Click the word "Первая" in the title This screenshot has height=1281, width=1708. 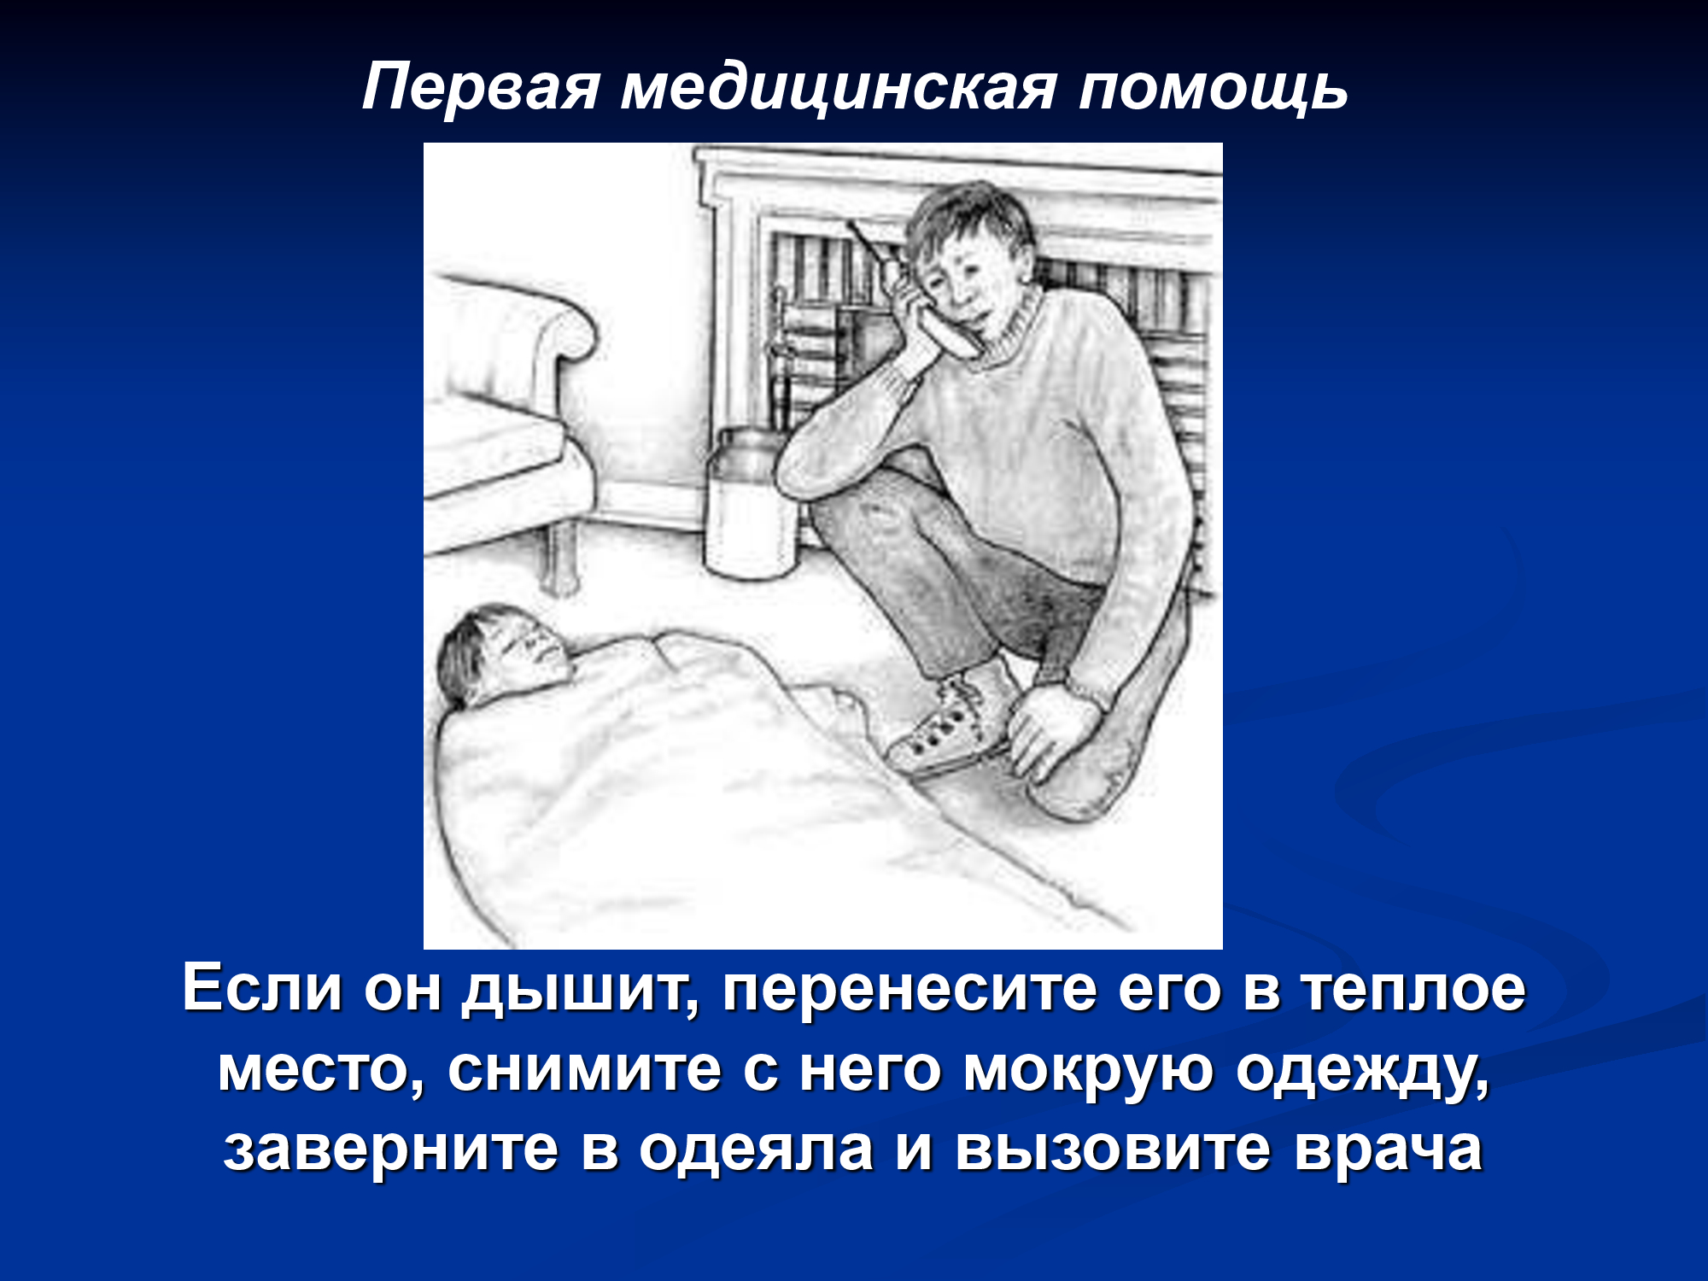(x=482, y=87)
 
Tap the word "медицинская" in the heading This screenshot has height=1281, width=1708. (x=839, y=89)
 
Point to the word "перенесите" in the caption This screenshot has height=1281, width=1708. (x=909, y=991)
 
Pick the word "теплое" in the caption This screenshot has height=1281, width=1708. (x=1413, y=991)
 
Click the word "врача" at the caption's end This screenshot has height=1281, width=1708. (x=1388, y=1150)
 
